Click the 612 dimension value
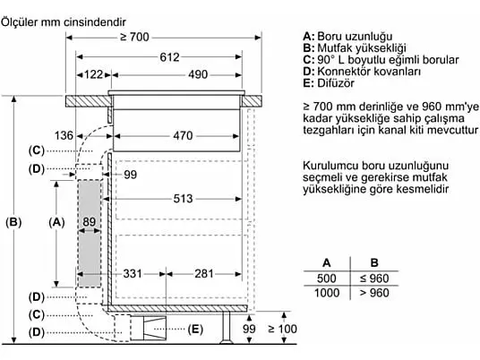tap(169, 57)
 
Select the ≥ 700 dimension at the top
tap(134, 38)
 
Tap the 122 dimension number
tap(93, 74)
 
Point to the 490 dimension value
tap(198, 74)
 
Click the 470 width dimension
tap(183, 135)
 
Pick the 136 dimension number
tap(64, 135)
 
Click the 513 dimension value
tap(183, 199)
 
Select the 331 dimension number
tap(133, 274)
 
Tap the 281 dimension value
tap(204, 274)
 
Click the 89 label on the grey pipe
tap(89, 221)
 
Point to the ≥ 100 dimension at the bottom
tap(282, 329)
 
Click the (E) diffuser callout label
tap(195, 329)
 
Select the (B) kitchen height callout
tap(13, 222)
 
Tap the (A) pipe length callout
tap(56, 222)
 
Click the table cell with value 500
tap(327, 279)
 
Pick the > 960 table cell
tap(374, 293)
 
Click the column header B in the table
tap(374, 262)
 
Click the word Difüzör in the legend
tap(336, 83)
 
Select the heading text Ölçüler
tap(20, 22)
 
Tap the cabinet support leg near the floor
tap(227, 327)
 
